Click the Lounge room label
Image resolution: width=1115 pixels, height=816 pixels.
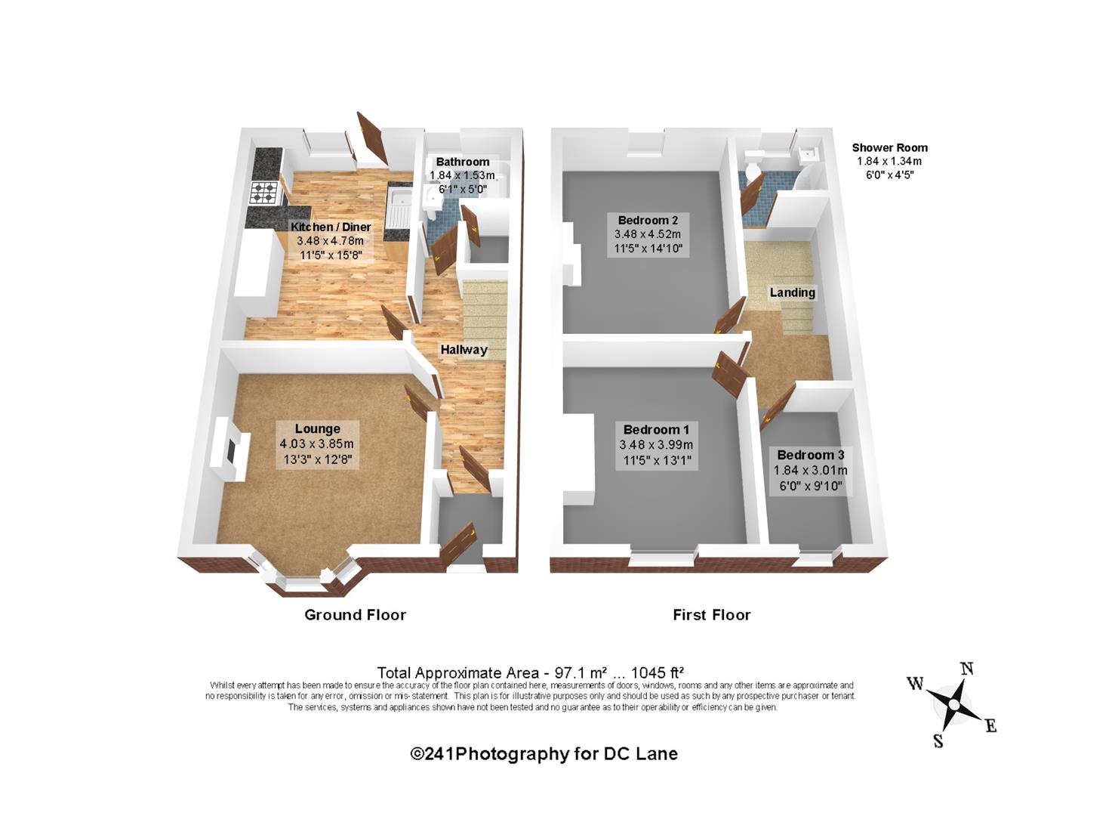click(318, 428)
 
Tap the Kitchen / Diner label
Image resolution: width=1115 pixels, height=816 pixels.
click(331, 227)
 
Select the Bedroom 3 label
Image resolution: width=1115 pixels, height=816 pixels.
click(810, 455)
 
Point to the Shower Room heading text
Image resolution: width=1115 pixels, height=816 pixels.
click(889, 147)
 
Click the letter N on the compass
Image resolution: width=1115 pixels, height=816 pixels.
click(967, 669)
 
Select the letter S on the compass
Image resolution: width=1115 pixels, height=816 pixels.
click(938, 740)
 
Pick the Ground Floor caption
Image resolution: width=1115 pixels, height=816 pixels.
click(355, 615)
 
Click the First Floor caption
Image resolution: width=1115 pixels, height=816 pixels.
click(711, 615)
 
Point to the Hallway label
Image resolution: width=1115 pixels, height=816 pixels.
click(464, 350)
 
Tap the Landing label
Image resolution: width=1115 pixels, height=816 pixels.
click(793, 292)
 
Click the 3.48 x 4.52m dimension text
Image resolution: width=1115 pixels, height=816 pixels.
click(648, 234)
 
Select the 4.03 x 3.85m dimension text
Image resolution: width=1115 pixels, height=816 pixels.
click(316, 444)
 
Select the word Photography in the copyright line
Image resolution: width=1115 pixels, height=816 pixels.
click(512, 754)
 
